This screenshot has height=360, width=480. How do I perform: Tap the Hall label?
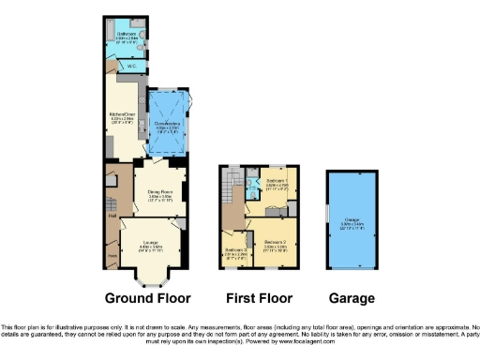pos(112,217)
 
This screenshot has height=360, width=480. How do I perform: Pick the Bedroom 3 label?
pos(236,249)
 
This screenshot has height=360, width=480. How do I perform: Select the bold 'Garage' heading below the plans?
pos(352,298)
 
